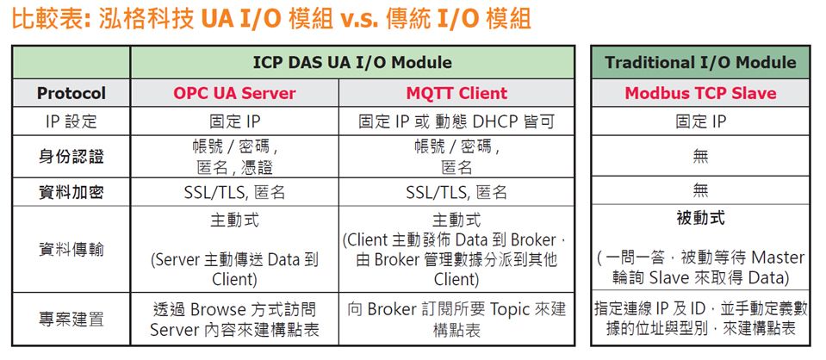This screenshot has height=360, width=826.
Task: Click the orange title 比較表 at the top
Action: pos(47,20)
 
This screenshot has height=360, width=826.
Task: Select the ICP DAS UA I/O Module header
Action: pos(352,63)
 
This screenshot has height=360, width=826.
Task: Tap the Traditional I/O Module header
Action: pos(700,63)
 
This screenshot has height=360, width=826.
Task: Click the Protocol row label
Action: pos(71,93)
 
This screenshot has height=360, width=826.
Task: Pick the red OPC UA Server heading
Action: pos(234,93)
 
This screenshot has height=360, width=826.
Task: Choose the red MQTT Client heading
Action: pos(456,93)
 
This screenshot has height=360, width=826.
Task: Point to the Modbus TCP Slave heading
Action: pos(700,93)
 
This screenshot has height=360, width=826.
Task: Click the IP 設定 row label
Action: pos(71,121)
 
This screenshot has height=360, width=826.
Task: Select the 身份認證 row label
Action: pos(71,157)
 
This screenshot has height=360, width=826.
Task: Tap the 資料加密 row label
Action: pos(71,192)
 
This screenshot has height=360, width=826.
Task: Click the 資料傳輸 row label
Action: pos(71,249)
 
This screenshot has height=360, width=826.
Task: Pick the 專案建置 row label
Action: pos(71,320)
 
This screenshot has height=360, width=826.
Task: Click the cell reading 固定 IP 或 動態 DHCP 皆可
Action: pos(456,121)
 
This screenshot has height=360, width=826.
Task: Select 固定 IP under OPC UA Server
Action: pos(234,121)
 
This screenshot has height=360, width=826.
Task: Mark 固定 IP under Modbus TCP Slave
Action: pos(700,121)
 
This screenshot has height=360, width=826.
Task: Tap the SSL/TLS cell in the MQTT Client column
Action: pos(456,192)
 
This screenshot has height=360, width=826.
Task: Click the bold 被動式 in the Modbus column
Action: pos(700,218)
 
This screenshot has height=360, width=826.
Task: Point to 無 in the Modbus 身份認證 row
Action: pos(700,156)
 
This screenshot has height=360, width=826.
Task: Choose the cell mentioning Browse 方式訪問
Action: pos(234,320)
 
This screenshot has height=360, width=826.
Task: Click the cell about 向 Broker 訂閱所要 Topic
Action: pos(456,320)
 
